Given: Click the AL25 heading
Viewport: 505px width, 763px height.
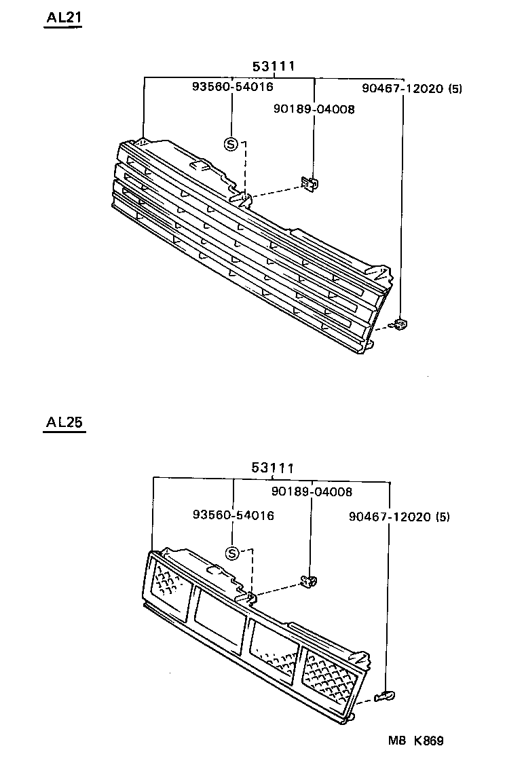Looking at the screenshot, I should [x=64, y=422].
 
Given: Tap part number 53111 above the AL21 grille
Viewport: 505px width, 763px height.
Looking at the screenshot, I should [x=274, y=67].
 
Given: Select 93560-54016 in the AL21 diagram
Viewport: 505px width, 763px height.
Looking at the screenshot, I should [x=232, y=87].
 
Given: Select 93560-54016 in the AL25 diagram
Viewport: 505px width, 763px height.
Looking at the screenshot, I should [x=233, y=515].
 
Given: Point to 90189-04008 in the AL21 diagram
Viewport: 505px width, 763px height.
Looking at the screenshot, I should [x=314, y=109].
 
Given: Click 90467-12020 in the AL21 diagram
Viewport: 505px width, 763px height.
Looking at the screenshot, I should [x=402, y=88].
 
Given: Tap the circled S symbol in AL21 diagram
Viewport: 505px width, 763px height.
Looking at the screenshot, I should [x=231, y=144].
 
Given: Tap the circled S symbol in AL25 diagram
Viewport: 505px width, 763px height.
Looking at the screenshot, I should [x=232, y=553].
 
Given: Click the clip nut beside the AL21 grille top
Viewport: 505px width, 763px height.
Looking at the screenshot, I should [x=310, y=183].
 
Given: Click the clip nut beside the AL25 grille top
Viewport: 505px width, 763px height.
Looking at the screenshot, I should [x=310, y=580].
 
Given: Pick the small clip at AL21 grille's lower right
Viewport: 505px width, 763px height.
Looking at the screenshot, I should [x=400, y=324].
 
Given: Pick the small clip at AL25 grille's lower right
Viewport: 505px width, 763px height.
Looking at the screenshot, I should [x=386, y=694].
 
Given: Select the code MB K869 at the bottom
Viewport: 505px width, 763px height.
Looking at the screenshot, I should [x=415, y=741].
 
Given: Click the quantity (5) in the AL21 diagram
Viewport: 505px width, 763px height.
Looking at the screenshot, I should [x=455, y=88].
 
